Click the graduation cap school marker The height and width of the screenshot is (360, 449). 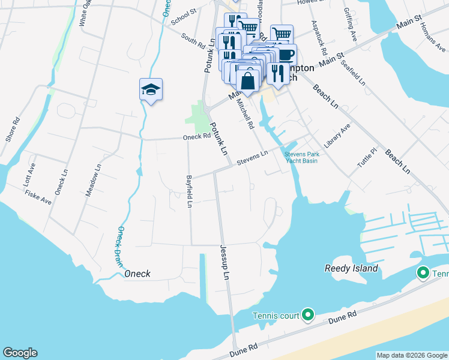(151, 90)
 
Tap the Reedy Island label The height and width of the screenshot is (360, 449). (351, 268)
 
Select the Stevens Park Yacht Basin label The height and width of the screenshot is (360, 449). (301, 158)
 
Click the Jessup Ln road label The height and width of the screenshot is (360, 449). (225, 265)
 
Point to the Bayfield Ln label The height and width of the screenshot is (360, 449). (188, 191)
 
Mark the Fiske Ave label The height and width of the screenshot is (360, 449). (38, 197)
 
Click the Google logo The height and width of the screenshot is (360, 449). (20, 353)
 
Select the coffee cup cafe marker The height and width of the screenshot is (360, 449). (286, 55)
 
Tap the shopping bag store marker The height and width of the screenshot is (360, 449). (247, 80)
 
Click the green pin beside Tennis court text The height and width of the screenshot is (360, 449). (308, 314)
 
